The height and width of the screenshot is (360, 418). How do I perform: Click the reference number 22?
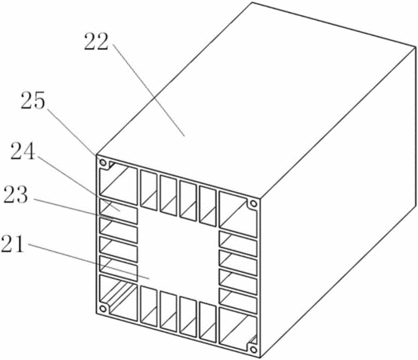tap(97, 42)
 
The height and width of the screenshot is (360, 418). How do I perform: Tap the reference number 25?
tap(33, 100)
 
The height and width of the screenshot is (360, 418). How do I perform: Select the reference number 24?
tap(23, 151)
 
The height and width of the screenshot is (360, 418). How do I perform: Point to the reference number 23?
tap(15, 194)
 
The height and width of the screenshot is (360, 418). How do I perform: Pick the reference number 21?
tap(13, 244)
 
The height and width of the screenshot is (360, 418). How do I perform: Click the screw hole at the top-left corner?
tap(103, 162)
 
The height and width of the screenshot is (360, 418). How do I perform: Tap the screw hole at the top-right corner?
tap(253, 204)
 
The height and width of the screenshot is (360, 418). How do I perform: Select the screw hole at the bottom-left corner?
tap(103, 309)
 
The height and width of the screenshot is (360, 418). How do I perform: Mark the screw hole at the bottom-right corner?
tap(253, 350)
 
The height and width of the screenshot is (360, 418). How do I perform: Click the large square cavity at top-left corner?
tap(118, 183)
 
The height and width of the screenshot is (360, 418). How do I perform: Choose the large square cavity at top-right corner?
tap(238, 214)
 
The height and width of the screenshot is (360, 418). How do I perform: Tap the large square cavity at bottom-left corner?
tap(118, 298)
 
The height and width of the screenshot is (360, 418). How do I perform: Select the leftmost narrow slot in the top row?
tap(149, 190)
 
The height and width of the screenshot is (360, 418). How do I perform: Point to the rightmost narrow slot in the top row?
tap(208, 206)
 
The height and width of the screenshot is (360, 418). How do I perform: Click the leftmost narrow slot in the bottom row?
tap(149, 306)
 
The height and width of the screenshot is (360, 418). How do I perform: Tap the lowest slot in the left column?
tap(118, 269)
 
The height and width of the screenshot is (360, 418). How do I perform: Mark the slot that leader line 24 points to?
tap(118, 211)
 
